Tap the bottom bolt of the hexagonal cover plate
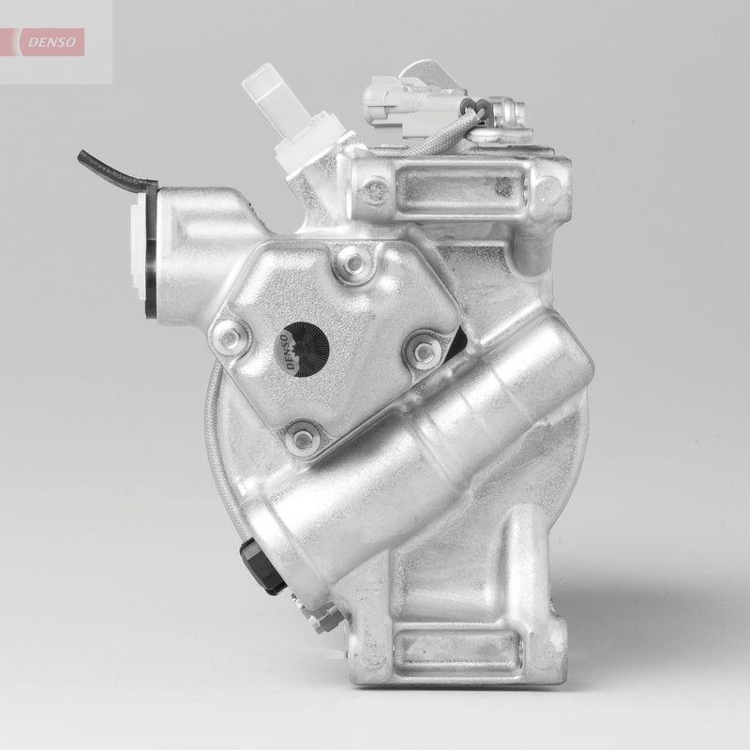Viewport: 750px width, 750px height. [x=301, y=435]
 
